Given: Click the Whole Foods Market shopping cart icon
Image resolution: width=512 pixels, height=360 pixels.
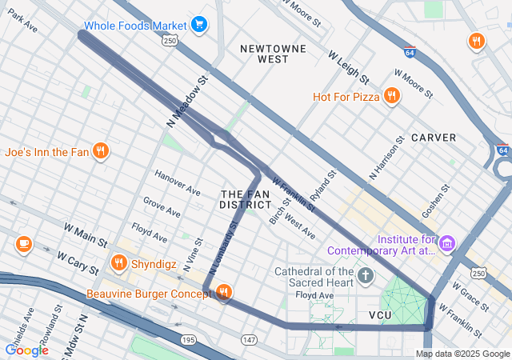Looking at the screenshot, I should [199, 26].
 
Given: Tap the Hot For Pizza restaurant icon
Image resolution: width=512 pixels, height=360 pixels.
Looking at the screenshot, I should [391, 97].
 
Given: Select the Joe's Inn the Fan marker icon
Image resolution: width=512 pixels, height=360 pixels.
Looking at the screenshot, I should [100, 150].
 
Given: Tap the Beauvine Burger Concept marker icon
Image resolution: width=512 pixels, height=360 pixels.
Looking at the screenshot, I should [224, 294].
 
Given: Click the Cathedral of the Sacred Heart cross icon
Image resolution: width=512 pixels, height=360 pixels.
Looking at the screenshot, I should [366, 277].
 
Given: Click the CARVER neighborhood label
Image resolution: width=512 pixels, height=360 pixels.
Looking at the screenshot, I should [434, 138].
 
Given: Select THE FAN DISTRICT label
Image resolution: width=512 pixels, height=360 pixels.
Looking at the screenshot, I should [246, 199].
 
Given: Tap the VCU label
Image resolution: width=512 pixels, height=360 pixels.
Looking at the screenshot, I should [382, 316].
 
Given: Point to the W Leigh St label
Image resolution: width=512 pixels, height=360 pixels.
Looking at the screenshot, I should [348, 68].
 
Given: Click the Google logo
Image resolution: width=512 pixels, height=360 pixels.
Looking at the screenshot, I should [26, 350].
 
